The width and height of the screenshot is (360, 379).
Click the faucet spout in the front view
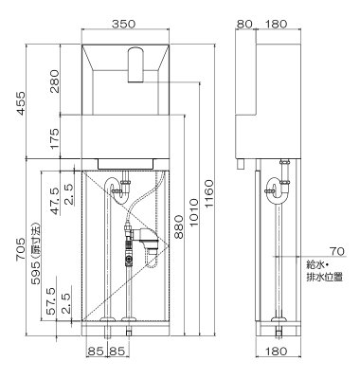click(133, 65)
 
